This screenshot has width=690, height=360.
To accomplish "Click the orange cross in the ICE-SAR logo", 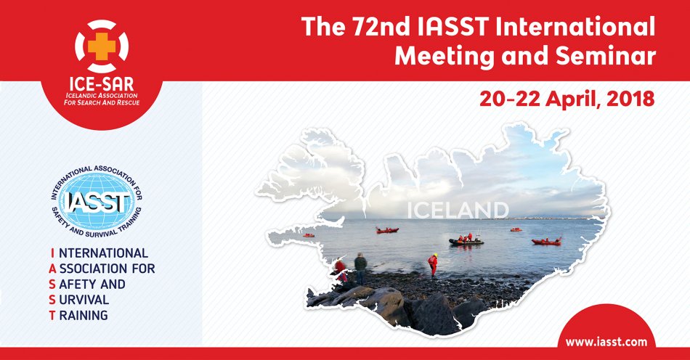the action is tap(102, 46).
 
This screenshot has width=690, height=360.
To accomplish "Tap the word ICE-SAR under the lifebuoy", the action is tap(102, 83).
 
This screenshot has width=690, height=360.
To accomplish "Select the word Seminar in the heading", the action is tap(606, 56).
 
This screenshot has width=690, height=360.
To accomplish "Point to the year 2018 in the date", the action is tap(630, 99).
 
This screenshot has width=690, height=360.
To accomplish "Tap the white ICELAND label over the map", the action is tap(458, 210).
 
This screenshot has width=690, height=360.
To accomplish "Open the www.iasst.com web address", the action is tap(606, 342).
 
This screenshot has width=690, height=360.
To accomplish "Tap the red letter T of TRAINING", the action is tap(52, 315).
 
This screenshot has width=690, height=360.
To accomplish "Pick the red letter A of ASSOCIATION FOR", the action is tap(53, 269).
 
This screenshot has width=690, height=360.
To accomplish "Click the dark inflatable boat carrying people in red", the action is tap(466, 241).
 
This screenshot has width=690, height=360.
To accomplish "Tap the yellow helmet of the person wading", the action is tap(435, 255).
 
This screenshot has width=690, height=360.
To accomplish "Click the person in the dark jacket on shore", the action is tap(360, 268).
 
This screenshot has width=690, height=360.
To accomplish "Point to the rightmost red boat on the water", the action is tap(546, 241).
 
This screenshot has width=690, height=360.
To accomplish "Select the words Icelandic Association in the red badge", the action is tap(102, 95).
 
